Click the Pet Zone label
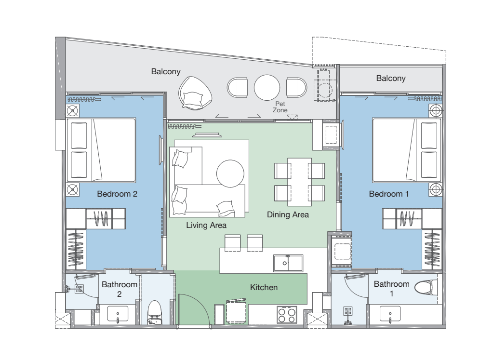(280, 107)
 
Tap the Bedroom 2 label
(117, 194)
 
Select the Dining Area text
(288, 214)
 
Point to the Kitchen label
(264, 287)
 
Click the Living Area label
(206, 226)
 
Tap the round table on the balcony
(267, 88)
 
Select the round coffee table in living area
(230, 173)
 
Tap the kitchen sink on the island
(288, 263)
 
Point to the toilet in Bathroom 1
(426, 287)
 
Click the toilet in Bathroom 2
(154, 313)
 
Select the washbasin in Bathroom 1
(390, 314)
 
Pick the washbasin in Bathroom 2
(118, 314)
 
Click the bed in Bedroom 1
(407, 150)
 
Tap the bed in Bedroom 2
(101, 150)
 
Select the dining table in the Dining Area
(299, 182)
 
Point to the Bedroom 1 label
(389, 194)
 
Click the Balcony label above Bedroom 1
(391, 79)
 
